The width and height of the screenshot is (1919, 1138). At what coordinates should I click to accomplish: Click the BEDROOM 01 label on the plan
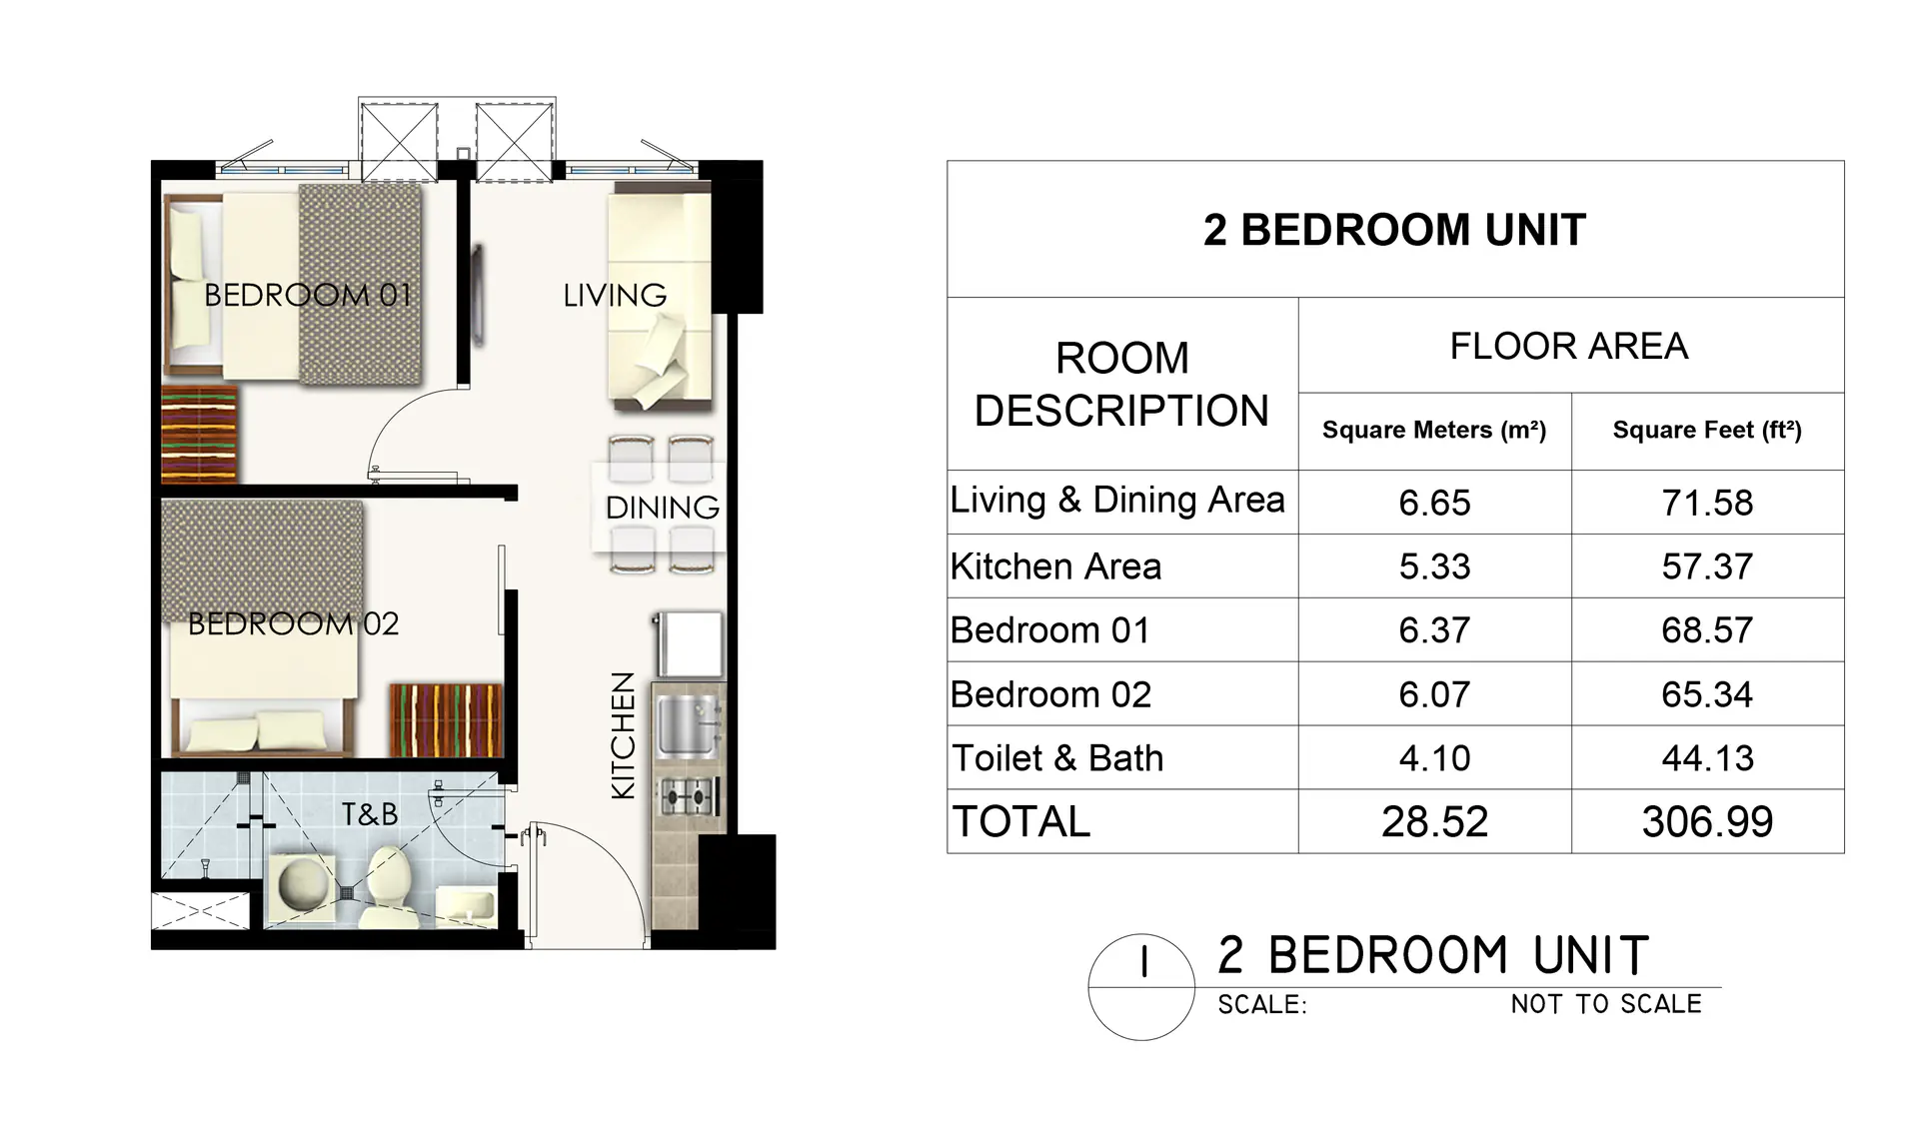308,295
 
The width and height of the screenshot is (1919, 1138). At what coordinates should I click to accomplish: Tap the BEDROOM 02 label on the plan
294,623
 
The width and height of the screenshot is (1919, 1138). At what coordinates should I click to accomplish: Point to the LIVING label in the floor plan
615,295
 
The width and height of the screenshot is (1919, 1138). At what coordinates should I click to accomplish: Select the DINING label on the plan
663,508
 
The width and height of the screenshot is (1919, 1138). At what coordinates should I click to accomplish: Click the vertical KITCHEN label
623,735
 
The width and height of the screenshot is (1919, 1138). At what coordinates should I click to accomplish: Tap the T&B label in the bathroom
370,814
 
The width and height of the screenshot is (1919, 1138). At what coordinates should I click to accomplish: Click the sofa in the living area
661,298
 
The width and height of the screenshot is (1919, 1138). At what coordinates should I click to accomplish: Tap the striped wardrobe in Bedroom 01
200,434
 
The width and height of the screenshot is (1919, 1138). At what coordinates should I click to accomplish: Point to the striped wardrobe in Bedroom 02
446,720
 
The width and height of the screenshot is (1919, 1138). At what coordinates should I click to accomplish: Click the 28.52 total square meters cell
1434,822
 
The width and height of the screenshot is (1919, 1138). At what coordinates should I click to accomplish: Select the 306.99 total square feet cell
1707,822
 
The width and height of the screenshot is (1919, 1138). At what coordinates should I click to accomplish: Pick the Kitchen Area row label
1055,567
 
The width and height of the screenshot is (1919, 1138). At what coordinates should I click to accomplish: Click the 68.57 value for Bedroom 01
1707,630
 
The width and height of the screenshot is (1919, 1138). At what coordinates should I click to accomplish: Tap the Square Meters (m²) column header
1434,431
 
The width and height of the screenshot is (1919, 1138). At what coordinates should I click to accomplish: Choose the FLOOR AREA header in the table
1569,346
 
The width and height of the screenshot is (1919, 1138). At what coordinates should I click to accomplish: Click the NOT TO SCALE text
1606,1004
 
